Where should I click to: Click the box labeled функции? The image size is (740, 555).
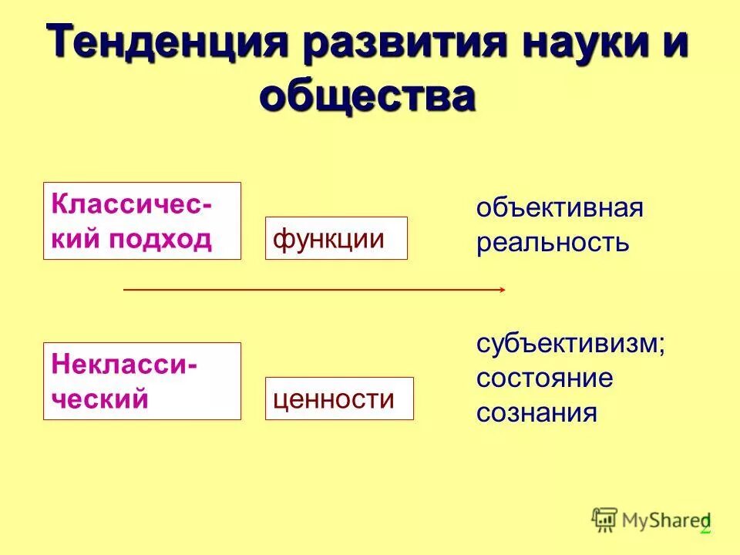(336, 238)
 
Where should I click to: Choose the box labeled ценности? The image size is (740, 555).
(339, 399)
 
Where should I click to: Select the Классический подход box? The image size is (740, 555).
(142, 220)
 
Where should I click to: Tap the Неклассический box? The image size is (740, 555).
(142, 381)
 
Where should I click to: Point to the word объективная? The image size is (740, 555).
(560, 208)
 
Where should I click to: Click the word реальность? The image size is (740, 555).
(553, 243)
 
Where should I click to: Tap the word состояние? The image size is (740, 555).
(544, 378)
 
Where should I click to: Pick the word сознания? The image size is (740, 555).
(536, 412)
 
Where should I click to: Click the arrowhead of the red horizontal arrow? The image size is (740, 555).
(501, 290)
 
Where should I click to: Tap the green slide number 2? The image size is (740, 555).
(705, 525)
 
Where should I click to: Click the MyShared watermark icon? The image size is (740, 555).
(604, 520)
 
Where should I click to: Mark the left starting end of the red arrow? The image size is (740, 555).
(125, 290)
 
